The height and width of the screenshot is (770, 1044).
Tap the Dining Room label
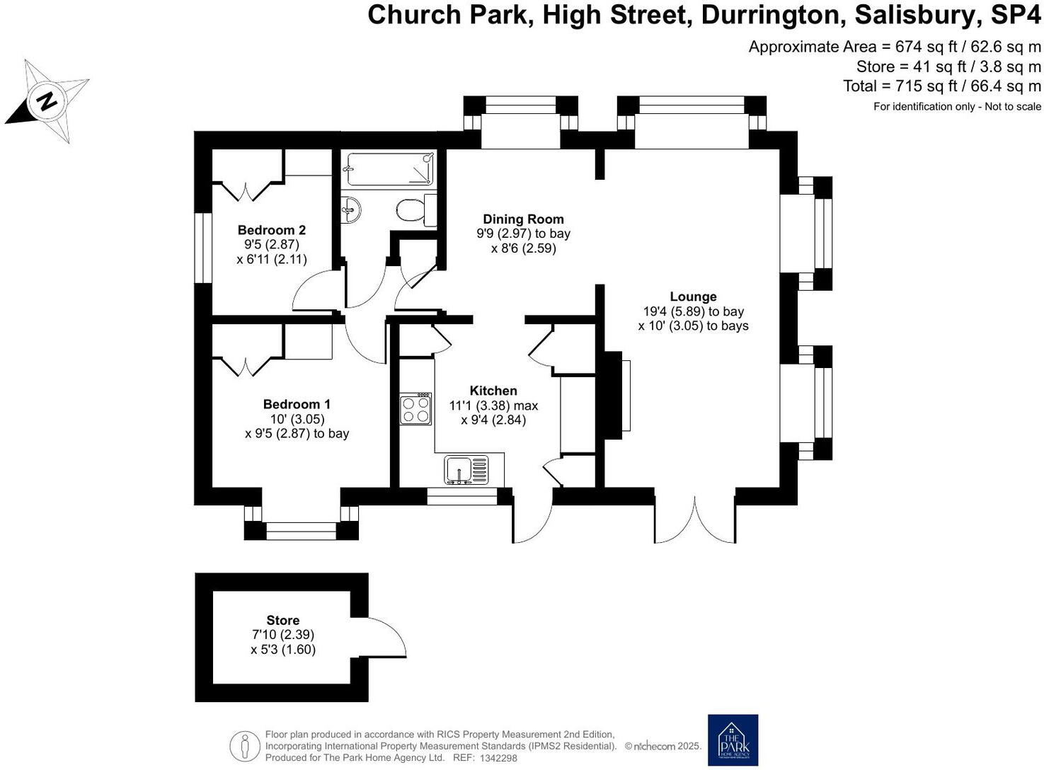tap(523, 219)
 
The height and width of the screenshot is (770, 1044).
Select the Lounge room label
tap(693, 297)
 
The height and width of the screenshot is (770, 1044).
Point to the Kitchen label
tap(493, 391)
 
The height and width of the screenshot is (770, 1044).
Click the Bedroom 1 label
tap(297, 404)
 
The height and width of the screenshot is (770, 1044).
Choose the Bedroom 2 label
tap(272, 230)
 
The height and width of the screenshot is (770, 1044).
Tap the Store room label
tap(282, 620)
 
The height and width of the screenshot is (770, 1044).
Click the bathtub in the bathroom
tap(388, 169)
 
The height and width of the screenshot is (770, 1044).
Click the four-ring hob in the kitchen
tap(415, 409)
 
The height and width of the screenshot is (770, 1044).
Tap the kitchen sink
tap(466, 470)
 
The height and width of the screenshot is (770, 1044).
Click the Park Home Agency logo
tap(733, 740)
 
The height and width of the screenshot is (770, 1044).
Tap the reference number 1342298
tap(498, 758)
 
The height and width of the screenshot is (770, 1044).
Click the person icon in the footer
tap(246, 746)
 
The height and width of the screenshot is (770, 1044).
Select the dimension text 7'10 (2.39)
tap(283, 635)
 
